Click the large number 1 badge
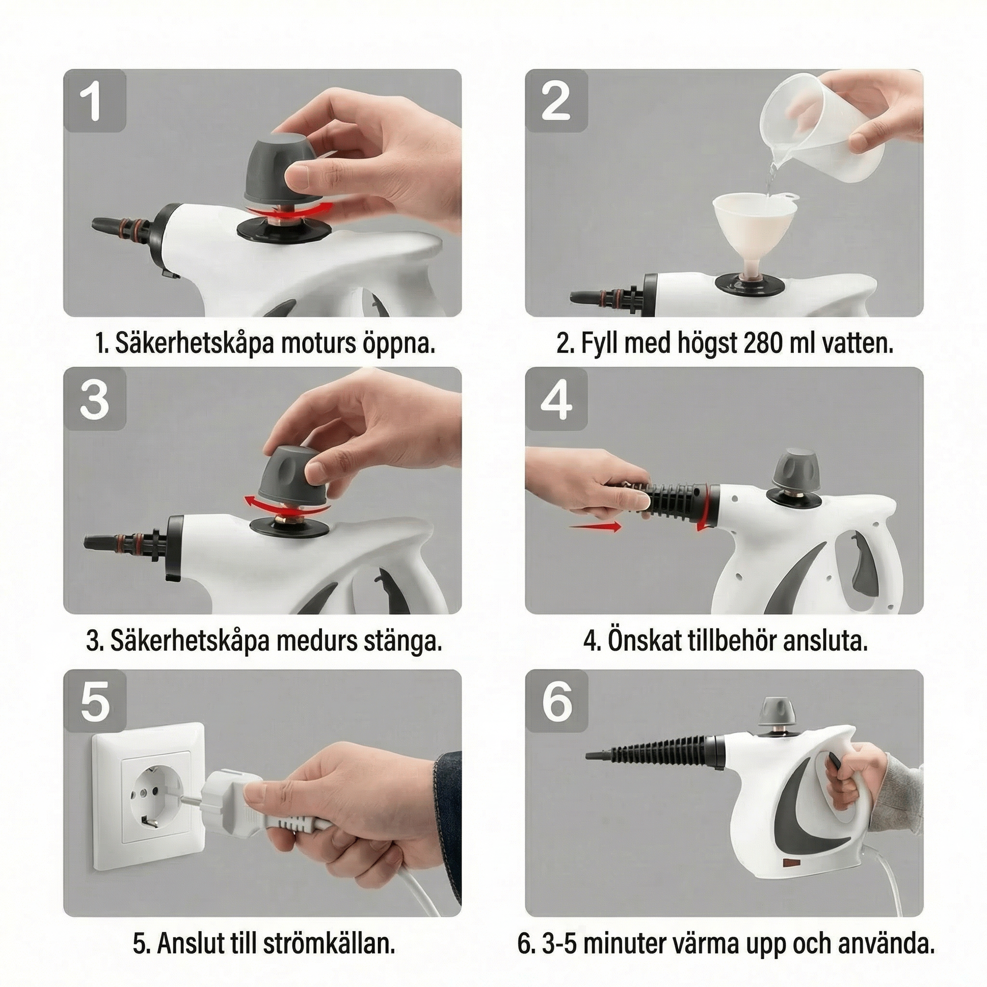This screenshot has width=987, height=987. pyautogui.click(x=94, y=101)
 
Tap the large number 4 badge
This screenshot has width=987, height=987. pyautogui.click(x=556, y=399)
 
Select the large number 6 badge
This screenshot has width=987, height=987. pyautogui.click(x=556, y=701)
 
